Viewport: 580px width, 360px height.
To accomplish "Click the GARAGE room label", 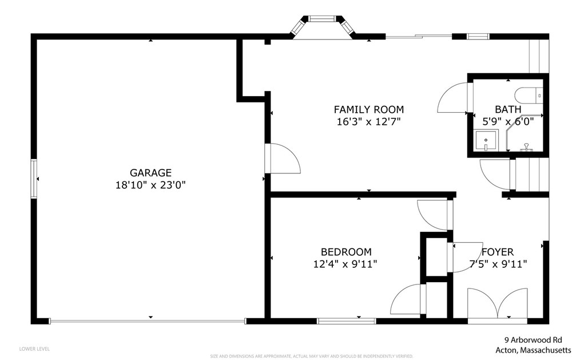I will pos(150,172).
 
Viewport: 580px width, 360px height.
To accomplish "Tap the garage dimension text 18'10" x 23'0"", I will pos(150,185).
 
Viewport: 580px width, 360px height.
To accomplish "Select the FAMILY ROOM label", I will pos(368,109).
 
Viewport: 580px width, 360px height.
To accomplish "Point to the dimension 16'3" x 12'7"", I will pos(368,121).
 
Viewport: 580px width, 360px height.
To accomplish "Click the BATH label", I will pos(508,109).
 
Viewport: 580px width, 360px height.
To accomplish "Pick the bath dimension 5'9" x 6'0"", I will pos(508,121).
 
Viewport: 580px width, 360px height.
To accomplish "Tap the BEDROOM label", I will pos(345,251).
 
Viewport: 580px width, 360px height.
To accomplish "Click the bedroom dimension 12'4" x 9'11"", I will pos(345,264).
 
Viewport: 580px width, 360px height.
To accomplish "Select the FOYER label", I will pos(497,251).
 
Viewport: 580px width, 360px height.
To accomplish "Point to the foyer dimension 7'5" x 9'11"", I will pos(497,264).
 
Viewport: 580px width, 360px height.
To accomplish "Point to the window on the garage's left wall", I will pos(34,179).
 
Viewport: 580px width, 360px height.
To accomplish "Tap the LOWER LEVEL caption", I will pos(34,349).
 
